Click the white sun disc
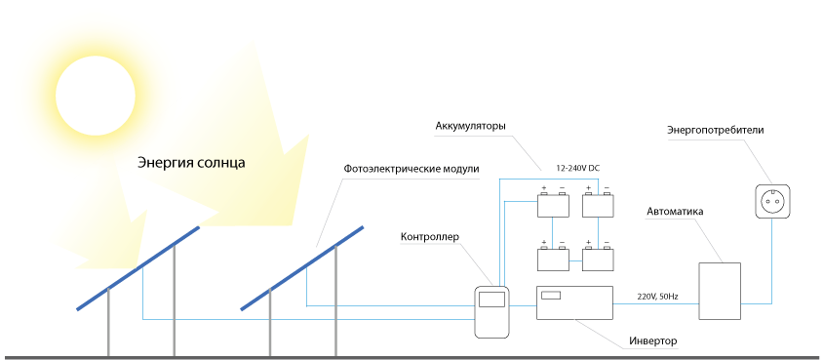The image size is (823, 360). (96, 96)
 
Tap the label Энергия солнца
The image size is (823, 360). (191, 163)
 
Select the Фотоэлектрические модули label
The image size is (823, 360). (411, 170)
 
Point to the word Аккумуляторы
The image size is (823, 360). (470, 127)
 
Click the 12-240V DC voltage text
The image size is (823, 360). (578, 169)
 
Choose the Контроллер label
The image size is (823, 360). (430, 237)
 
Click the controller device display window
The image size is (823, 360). (491, 300)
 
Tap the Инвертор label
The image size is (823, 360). (653, 341)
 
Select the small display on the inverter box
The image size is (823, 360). (551, 295)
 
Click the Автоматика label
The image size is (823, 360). (675, 212)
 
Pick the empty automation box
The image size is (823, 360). (720, 291)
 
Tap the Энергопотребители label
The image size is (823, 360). (716, 130)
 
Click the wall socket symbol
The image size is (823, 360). (772, 201)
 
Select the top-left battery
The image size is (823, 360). (553, 205)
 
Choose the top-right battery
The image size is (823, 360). (598, 205)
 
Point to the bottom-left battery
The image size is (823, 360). (553, 259)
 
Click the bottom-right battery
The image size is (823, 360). (598, 259)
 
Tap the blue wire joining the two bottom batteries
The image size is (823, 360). (575, 260)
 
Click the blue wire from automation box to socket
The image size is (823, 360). (772, 290)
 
